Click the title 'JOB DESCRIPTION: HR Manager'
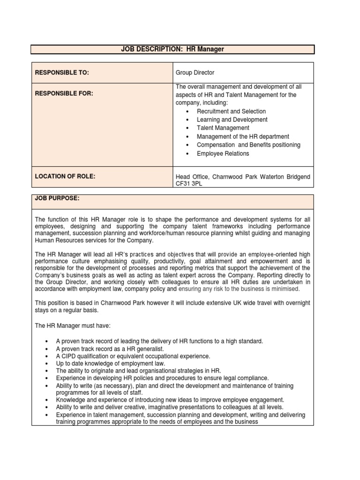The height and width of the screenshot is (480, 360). [172, 49]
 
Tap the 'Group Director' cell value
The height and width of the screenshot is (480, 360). [195, 73]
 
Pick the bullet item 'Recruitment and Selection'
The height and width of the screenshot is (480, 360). [231, 111]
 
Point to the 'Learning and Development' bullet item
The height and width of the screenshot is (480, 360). [232, 120]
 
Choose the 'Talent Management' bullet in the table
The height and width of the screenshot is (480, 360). [223, 128]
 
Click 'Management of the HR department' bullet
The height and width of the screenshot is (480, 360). [242, 136]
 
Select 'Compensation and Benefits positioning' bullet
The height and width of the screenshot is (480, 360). [248, 145]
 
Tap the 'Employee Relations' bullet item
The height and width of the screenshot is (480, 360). [223, 153]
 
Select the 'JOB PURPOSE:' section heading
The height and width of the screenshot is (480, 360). [57, 199]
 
